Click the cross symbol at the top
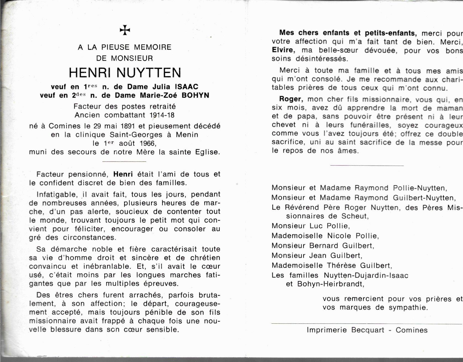pos(125,30)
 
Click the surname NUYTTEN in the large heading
pos(149,73)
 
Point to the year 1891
pos(127,126)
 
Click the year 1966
pos(148,143)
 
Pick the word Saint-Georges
pos(136,135)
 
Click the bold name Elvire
pos(282,50)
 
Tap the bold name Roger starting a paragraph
pos(290,99)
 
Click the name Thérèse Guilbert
pos(359,266)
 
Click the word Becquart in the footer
pos(368,330)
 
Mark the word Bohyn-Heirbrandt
pos(330,284)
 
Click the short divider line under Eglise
pos(124,161)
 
